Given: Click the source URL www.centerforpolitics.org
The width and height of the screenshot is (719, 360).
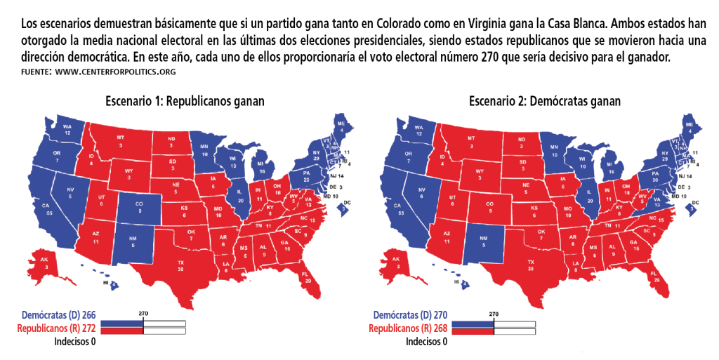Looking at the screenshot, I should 114,72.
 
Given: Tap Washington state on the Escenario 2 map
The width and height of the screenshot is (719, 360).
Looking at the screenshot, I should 420,129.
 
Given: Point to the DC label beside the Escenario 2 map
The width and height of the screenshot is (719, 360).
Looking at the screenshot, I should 698,204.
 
